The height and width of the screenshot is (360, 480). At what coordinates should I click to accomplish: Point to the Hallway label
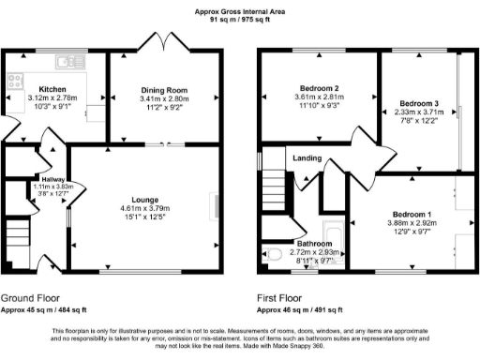click(x=52, y=179)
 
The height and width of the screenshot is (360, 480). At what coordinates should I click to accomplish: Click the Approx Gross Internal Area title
click(x=239, y=11)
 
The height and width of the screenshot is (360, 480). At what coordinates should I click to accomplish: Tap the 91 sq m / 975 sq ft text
click(x=239, y=19)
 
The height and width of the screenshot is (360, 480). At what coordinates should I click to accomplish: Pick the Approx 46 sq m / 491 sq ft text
click(x=302, y=308)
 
